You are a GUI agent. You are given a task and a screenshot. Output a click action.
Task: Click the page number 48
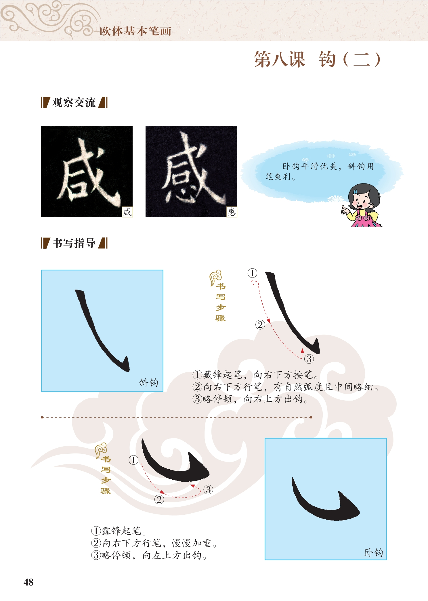[x=28, y=582]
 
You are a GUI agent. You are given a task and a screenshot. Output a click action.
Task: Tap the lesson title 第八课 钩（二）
[x=317, y=60]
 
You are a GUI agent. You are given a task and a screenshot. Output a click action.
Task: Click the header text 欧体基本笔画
[x=135, y=31]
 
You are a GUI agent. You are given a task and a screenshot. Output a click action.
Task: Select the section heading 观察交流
[x=74, y=102]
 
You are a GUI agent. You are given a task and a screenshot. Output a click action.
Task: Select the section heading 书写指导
[x=74, y=243]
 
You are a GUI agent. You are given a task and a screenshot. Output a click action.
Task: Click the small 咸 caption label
[x=127, y=212]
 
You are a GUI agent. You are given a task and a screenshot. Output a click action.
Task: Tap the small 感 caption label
[x=232, y=212]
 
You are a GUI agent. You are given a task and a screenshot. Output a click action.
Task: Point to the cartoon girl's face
[x=361, y=199]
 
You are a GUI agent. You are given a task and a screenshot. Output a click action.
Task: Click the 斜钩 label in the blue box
[x=148, y=382]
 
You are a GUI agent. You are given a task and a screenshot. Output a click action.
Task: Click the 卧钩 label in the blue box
[x=373, y=552]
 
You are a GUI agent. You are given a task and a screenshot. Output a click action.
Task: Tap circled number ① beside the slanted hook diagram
[x=252, y=273]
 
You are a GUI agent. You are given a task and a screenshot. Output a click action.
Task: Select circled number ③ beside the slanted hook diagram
[x=309, y=359]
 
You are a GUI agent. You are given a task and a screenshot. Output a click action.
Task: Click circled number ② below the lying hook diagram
[x=159, y=499]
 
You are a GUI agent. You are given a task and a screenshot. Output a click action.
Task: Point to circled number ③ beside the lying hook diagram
[x=208, y=489]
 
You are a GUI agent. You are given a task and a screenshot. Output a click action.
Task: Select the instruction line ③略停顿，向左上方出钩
[x=149, y=555]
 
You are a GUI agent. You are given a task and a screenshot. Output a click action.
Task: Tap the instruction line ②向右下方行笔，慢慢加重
[x=154, y=543]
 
